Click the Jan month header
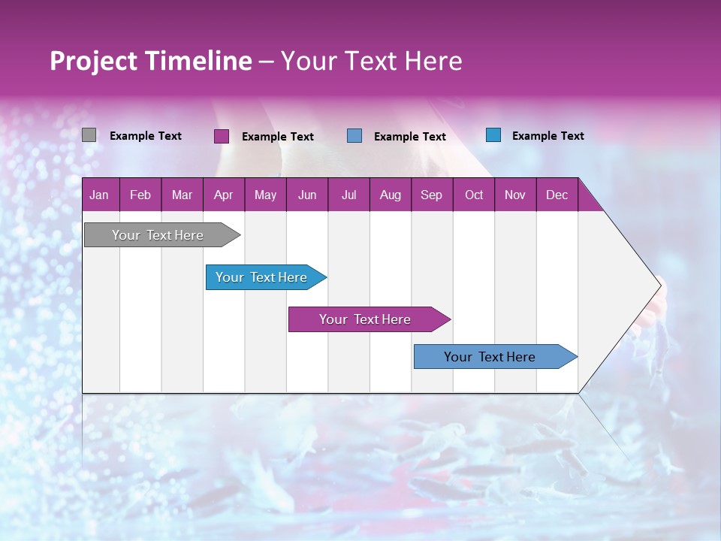(x=99, y=195)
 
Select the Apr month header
(x=223, y=195)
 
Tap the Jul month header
(x=348, y=195)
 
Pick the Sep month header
(x=431, y=195)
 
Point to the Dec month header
(x=557, y=195)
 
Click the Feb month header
(x=140, y=195)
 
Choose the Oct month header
(x=474, y=195)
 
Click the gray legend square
(x=89, y=135)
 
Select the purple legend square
(x=222, y=136)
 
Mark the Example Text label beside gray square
(x=146, y=136)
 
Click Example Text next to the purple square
(x=278, y=137)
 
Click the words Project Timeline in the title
(x=150, y=61)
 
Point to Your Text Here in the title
(x=372, y=61)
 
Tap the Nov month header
(x=514, y=195)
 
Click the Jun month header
(x=307, y=195)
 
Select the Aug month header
(x=390, y=195)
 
